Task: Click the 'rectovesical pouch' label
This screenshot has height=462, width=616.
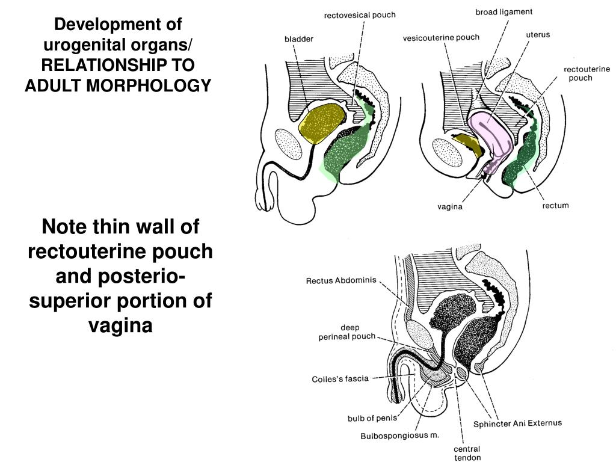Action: point(360,15)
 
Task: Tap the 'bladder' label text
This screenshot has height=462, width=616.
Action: point(299,39)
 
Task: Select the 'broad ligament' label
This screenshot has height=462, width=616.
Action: point(504,11)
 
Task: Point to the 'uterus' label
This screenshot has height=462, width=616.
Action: point(538,34)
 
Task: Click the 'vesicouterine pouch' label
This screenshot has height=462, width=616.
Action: point(441,37)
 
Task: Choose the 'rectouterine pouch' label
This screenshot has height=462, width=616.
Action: point(587,73)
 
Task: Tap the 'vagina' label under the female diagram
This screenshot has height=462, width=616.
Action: point(450,208)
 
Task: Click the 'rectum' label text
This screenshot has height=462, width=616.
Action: point(555,206)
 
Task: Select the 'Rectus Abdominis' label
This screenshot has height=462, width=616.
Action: point(342,280)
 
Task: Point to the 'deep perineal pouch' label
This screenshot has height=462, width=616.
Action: point(346,332)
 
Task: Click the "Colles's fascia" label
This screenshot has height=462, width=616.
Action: point(340,379)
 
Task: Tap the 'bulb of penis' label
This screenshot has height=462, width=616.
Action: point(372,418)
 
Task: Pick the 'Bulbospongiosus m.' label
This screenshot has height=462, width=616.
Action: point(400,435)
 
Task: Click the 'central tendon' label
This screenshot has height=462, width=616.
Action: point(467,453)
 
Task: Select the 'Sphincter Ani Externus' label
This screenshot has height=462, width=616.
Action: point(517,423)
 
